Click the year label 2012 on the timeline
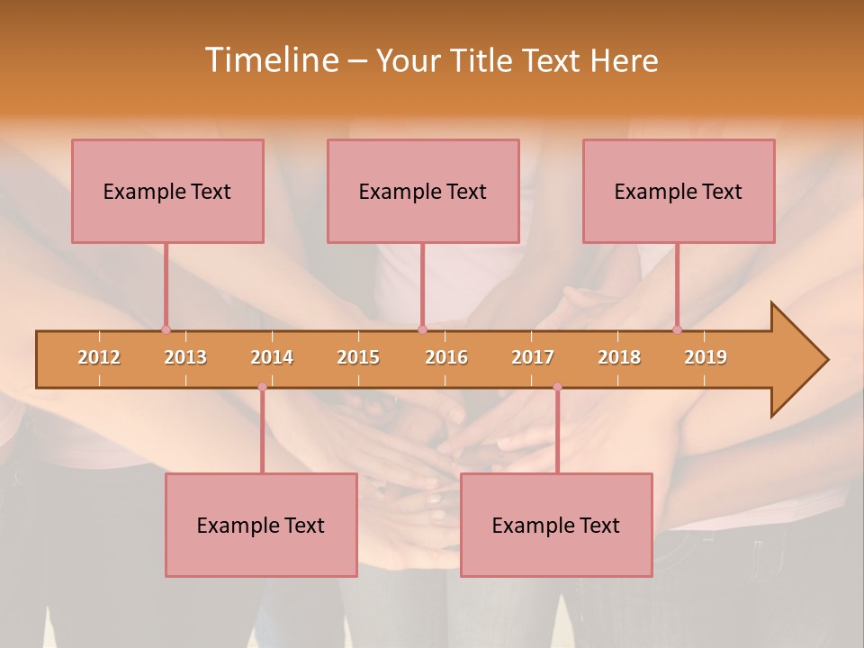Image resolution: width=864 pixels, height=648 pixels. tap(99, 357)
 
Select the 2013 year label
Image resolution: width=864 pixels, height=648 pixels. tap(185, 357)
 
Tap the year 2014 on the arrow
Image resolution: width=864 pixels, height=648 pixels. tap(272, 357)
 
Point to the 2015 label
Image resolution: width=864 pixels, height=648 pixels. tap(358, 357)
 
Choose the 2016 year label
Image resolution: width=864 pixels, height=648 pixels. tap(446, 357)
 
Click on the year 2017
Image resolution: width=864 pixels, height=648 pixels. tap(533, 357)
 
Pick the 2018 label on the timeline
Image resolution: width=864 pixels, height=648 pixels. tap(619, 357)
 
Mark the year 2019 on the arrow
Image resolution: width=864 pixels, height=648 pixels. tap(706, 357)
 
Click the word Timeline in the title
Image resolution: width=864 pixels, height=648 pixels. tap(270, 60)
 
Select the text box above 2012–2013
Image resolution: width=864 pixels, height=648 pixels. tap(167, 191)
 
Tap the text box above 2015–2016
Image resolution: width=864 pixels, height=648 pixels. tap(423, 191)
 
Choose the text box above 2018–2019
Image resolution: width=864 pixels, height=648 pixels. tap(679, 191)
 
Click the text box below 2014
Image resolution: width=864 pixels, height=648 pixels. tap(261, 525)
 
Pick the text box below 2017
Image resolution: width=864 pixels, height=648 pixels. tap(556, 525)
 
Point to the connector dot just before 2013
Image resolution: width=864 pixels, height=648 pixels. tap(166, 329)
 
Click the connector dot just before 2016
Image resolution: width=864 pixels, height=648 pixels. tap(422, 329)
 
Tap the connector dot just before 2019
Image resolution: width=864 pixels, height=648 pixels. tap(678, 329)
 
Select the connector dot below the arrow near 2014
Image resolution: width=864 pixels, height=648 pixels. tap(262, 387)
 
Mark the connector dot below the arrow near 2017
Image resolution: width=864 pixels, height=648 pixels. tap(557, 387)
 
